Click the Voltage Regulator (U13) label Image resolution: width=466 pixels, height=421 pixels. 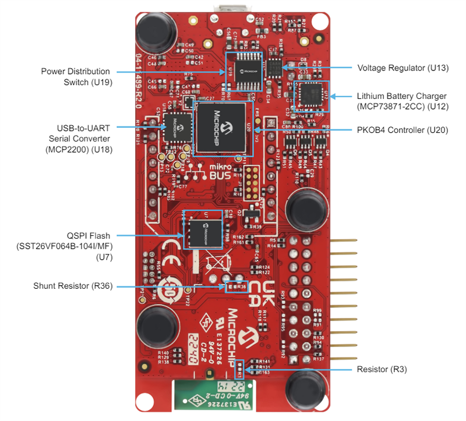(x=403, y=68)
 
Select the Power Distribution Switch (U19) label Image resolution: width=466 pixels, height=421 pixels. (x=76, y=76)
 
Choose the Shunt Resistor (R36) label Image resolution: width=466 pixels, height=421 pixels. (x=73, y=286)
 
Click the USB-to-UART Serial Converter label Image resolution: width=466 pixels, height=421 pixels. (x=79, y=138)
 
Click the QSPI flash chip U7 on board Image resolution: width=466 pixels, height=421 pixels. (x=204, y=231)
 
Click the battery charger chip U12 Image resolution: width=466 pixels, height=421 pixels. (x=308, y=95)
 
